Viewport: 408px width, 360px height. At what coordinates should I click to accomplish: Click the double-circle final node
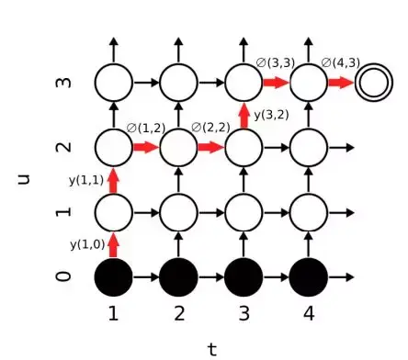373,83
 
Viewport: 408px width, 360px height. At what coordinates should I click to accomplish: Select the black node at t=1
114,276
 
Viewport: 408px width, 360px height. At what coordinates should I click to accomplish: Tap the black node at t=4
309,276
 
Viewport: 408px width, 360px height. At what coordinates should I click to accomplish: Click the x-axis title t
212,348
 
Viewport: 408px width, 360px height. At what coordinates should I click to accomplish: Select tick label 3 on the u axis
63,83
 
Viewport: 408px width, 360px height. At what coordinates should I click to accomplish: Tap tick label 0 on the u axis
63,276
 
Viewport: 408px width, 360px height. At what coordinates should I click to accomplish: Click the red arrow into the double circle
340,83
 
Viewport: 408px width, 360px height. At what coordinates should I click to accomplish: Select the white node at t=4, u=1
309,211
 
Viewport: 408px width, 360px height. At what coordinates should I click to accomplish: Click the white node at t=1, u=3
114,83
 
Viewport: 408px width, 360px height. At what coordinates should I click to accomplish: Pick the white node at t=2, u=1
179,211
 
